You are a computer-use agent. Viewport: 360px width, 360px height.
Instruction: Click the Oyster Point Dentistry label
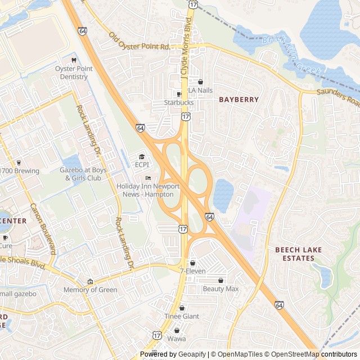click(73, 73)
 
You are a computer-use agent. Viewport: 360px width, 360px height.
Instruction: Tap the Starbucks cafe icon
click(179, 94)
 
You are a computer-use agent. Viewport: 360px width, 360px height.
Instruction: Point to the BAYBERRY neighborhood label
click(239, 100)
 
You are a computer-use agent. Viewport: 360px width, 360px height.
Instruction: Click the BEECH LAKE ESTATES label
click(295, 254)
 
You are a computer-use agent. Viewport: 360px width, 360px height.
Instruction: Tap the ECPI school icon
click(142, 156)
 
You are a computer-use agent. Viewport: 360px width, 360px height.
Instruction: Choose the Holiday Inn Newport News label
click(148, 190)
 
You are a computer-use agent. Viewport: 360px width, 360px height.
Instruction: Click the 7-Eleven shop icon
click(193, 263)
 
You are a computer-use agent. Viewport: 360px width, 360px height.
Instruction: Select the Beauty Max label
click(221, 289)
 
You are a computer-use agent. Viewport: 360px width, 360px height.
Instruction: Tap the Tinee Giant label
click(182, 316)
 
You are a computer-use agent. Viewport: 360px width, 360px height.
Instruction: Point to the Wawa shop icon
click(177, 330)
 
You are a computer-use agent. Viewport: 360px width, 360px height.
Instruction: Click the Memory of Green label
click(90, 290)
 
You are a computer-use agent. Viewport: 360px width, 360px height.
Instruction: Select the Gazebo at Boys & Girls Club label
click(83, 174)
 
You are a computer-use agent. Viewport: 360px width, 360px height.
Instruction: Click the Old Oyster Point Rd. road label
click(140, 41)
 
